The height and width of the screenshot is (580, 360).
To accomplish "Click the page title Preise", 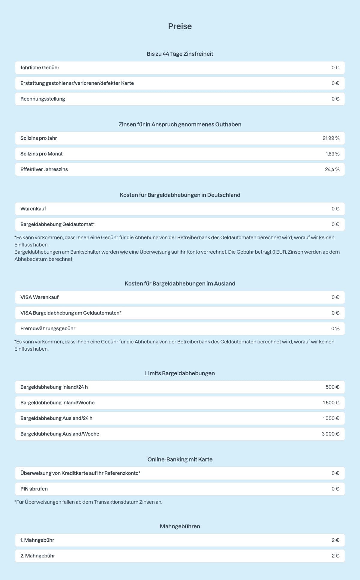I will tap(180, 26).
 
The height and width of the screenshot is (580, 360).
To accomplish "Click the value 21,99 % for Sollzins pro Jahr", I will tap(331, 138).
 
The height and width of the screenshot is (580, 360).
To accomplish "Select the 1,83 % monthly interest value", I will tap(332, 154).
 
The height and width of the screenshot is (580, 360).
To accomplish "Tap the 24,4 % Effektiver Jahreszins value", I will tap(332, 169).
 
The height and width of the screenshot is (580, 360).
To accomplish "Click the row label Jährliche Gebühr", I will tap(40, 68).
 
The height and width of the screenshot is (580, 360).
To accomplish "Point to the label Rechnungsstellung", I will tap(43, 99).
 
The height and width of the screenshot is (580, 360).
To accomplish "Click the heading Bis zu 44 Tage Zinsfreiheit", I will tap(180, 54).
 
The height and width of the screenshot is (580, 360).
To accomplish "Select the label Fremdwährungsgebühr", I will tap(48, 328).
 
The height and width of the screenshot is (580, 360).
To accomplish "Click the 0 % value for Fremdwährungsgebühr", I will tap(335, 328).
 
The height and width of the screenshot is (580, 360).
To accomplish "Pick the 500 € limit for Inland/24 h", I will tap(332, 387).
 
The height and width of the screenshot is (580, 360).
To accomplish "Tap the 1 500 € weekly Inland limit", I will tap(331, 403).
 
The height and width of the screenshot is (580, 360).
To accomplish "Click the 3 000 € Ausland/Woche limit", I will tap(330, 434).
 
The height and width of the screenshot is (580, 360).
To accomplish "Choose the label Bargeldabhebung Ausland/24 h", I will tap(56, 418).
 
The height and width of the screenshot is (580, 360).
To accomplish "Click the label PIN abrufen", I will tap(34, 489).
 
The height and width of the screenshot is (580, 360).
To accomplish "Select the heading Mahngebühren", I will tap(180, 526).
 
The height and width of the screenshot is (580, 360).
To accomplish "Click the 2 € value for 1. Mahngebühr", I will tap(335, 540).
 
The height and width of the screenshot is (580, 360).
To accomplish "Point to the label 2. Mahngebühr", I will tap(38, 556).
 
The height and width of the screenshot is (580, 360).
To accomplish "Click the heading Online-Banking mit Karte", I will tap(180, 459).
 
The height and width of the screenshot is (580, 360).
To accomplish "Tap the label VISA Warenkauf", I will tap(39, 297).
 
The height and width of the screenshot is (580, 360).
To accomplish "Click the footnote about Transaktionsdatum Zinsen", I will tap(88, 502).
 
